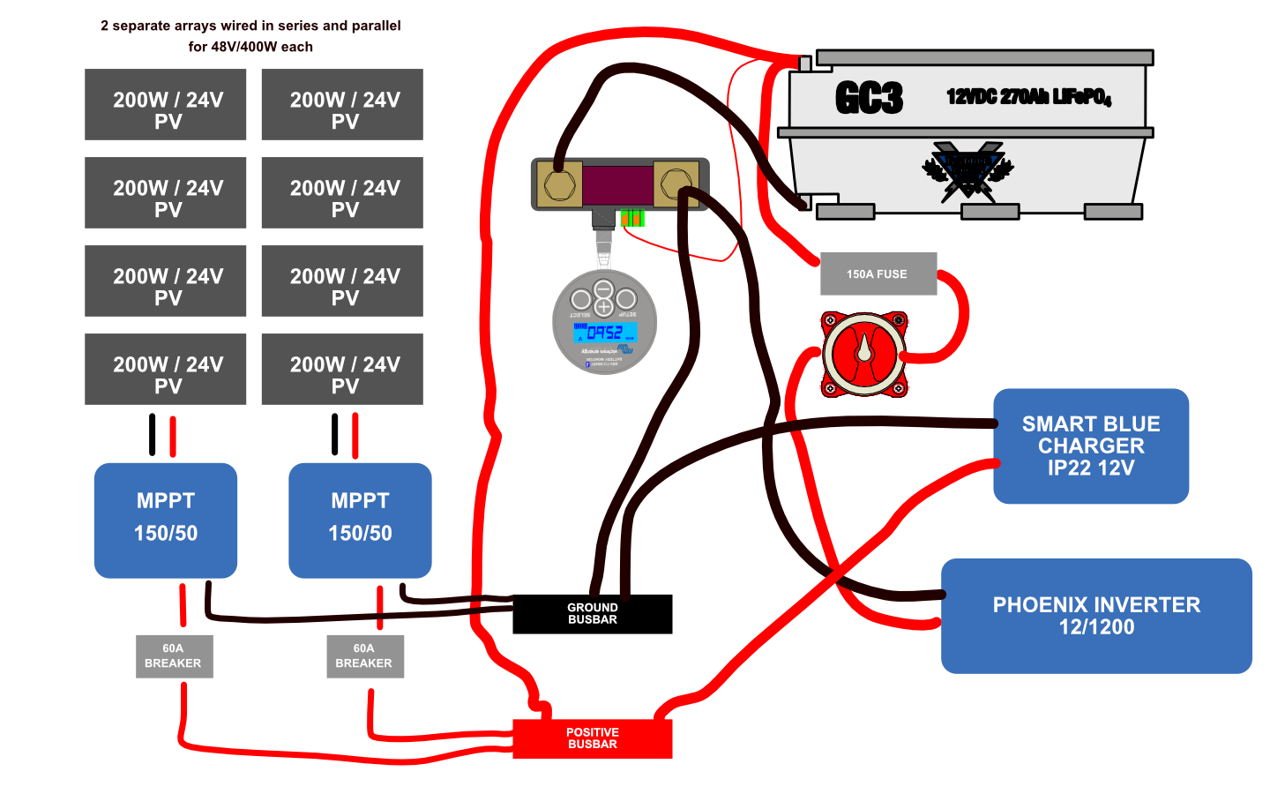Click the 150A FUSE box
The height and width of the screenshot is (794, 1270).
878,274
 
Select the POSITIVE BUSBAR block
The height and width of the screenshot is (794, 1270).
593,738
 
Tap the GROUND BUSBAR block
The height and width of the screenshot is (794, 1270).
593,614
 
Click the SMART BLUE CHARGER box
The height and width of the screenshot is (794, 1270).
1091,446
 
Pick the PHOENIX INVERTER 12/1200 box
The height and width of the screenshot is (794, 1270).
1096,616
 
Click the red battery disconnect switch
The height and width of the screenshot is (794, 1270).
864,354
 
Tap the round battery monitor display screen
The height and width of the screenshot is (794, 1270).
605,333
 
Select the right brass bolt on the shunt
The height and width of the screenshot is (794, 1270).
676,184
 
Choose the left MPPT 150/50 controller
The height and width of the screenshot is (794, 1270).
166,521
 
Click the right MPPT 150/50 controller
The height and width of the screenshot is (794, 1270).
360,521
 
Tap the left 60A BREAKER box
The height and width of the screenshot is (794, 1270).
174,656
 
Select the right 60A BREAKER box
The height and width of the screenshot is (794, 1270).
364,656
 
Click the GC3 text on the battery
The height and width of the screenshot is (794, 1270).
869,98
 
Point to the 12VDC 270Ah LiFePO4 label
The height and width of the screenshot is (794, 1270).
1028,97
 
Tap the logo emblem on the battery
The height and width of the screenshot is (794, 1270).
967,169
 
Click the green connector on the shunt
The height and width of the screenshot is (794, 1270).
632,218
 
